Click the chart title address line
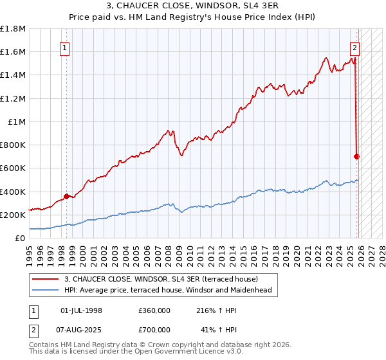(193, 6)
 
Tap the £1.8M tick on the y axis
(13, 29)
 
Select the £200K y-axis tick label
(13, 215)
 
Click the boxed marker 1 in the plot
(66, 47)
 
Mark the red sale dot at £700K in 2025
(357, 156)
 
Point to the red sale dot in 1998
(66, 196)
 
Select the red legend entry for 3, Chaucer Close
(161, 279)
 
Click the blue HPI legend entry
(167, 290)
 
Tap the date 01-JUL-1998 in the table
(81, 310)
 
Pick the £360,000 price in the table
(154, 310)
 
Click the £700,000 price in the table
(154, 330)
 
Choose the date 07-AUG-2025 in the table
(81, 330)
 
